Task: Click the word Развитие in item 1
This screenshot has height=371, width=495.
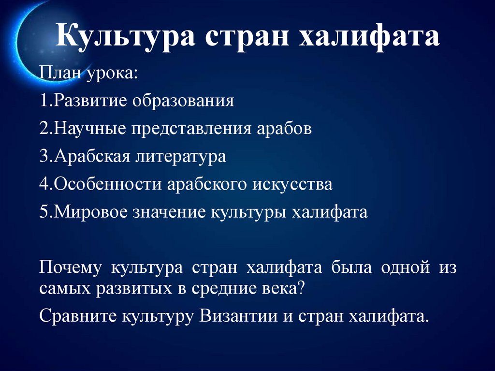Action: point(85,102)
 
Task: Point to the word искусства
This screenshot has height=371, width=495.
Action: point(291,185)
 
